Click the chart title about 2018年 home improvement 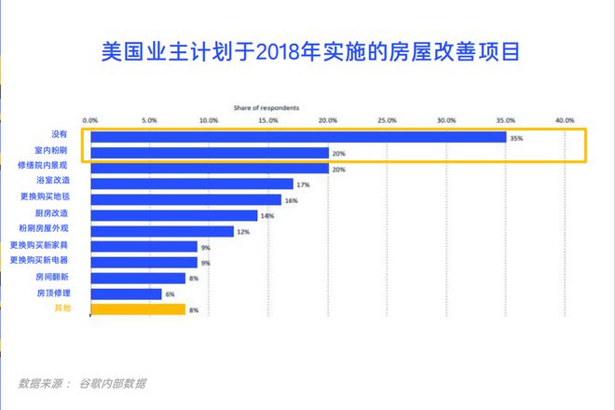click(307, 50)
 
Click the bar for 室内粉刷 click(210, 153)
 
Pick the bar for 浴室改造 click(191, 184)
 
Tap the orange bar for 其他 click(138, 308)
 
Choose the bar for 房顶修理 click(126, 293)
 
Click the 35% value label click(515, 138)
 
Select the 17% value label click(303, 184)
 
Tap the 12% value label click(242, 231)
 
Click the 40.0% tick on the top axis click(565, 120)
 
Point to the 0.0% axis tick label click(90, 120)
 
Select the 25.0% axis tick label click(387, 120)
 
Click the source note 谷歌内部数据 click(112, 383)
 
